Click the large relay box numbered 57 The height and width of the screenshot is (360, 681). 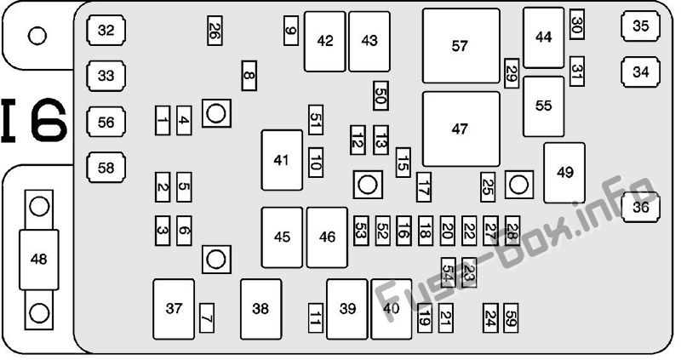point(461,46)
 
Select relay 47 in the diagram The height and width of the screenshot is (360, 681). point(461,129)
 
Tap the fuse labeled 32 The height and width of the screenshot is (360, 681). point(106,31)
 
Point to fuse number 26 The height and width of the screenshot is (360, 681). point(215,31)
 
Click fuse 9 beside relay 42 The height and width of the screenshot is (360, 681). point(291,31)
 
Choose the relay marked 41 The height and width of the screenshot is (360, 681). point(282,160)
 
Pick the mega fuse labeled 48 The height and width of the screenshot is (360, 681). point(38,260)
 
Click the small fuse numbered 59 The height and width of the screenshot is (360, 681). point(512,318)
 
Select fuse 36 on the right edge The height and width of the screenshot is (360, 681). point(641,207)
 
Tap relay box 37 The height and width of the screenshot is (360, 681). point(174,309)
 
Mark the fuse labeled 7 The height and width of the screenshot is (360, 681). point(207,318)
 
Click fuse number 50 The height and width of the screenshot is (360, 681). point(381,95)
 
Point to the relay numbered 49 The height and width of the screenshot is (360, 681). point(564,173)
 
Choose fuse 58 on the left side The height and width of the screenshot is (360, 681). point(106,167)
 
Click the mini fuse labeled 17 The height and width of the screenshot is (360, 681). point(424,187)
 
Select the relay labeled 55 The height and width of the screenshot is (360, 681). point(544,106)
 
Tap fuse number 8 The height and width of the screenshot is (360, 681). point(249,76)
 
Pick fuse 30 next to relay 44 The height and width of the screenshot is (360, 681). point(577,25)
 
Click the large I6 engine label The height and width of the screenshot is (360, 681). point(34,121)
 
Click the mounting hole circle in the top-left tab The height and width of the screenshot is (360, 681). point(37,36)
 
